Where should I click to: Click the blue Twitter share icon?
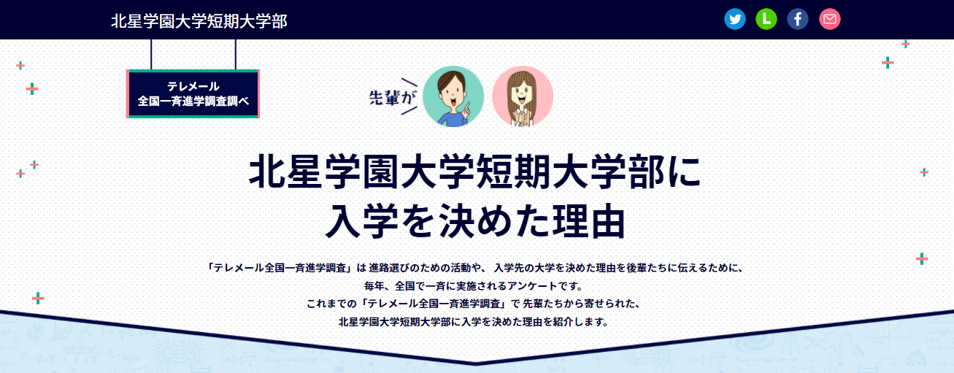[x=735, y=19]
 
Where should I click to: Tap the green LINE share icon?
[x=766, y=19]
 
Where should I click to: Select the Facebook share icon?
[x=798, y=19]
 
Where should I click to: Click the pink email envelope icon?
[x=830, y=19]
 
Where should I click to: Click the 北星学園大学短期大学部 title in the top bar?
[x=199, y=21]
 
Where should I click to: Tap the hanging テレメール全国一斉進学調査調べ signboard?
[x=193, y=93]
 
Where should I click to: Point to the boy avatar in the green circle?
[x=453, y=96]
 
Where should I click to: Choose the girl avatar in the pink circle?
[x=523, y=96]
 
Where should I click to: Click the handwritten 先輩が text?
[x=392, y=98]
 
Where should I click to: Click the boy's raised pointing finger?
[x=466, y=109]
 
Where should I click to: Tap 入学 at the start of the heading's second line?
[x=362, y=221]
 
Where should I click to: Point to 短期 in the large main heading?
[x=513, y=172]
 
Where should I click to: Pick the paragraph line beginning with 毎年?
[x=474, y=285]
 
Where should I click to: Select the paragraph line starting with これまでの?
[x=474, y=304]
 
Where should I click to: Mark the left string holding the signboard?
[x=151, y=55]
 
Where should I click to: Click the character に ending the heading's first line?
[x=684, y=172]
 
